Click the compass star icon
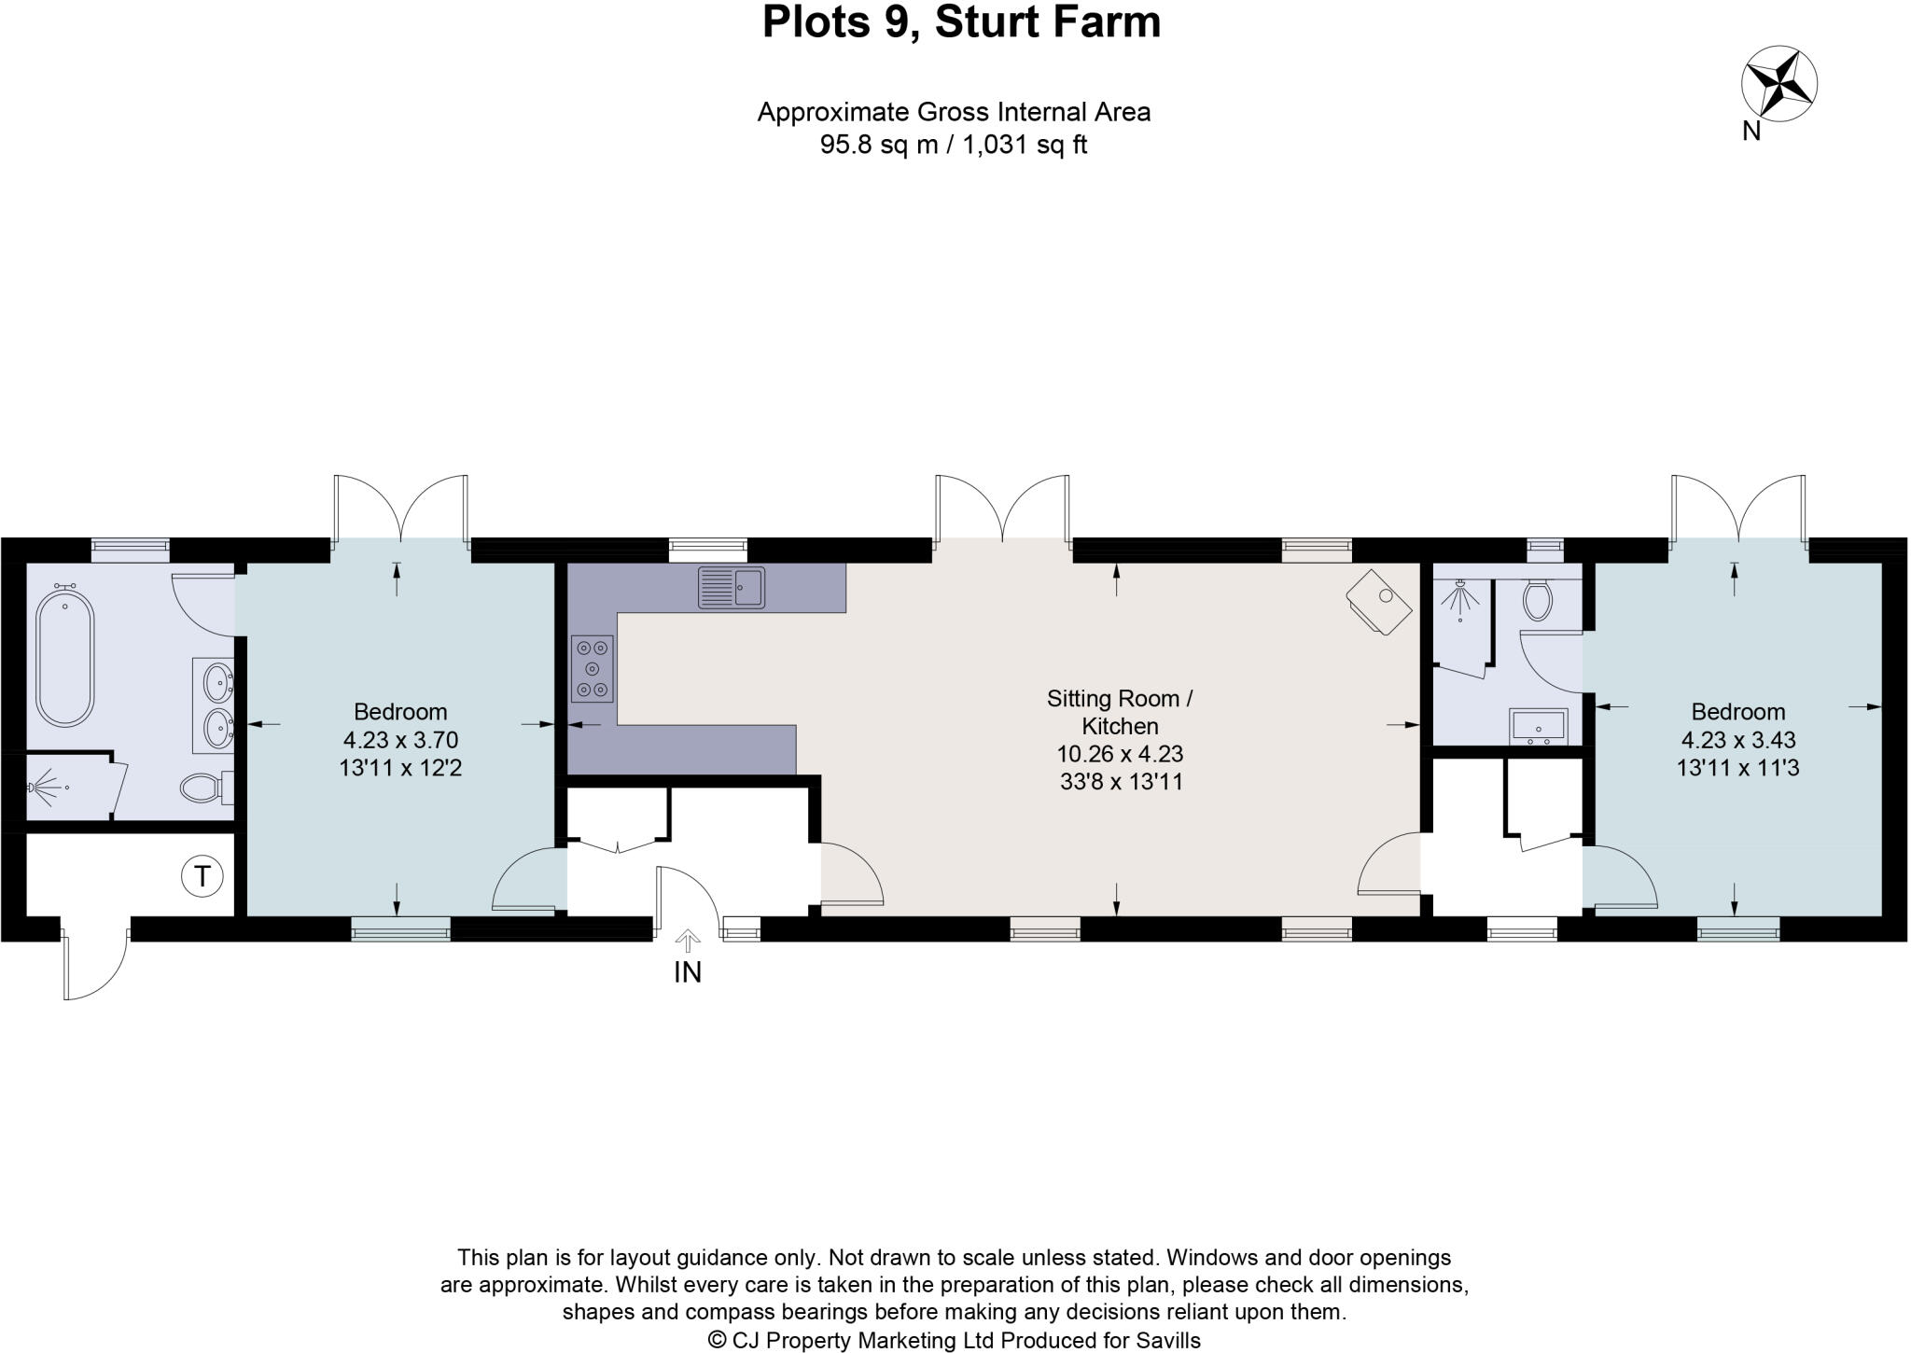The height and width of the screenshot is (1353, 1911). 1778,85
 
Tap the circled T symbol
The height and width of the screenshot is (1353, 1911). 202,876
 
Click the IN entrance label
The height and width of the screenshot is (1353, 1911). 688,972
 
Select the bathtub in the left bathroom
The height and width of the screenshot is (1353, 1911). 65,656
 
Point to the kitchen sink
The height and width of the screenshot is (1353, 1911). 732,587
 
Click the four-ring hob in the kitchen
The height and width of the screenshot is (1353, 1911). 593,668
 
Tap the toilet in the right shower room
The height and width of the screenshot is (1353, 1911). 1537,601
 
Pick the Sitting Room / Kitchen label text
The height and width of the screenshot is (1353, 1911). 1120,712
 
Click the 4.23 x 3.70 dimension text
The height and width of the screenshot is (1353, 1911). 400,740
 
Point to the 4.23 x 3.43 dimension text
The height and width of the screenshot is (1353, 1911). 1737,740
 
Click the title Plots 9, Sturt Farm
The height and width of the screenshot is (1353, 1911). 961,22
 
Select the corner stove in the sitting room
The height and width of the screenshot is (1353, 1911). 1380,601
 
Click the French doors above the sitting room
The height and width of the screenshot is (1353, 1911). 1002,509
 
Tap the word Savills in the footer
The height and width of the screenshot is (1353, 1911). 1167,1340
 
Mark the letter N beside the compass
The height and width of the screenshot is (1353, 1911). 1751,132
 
